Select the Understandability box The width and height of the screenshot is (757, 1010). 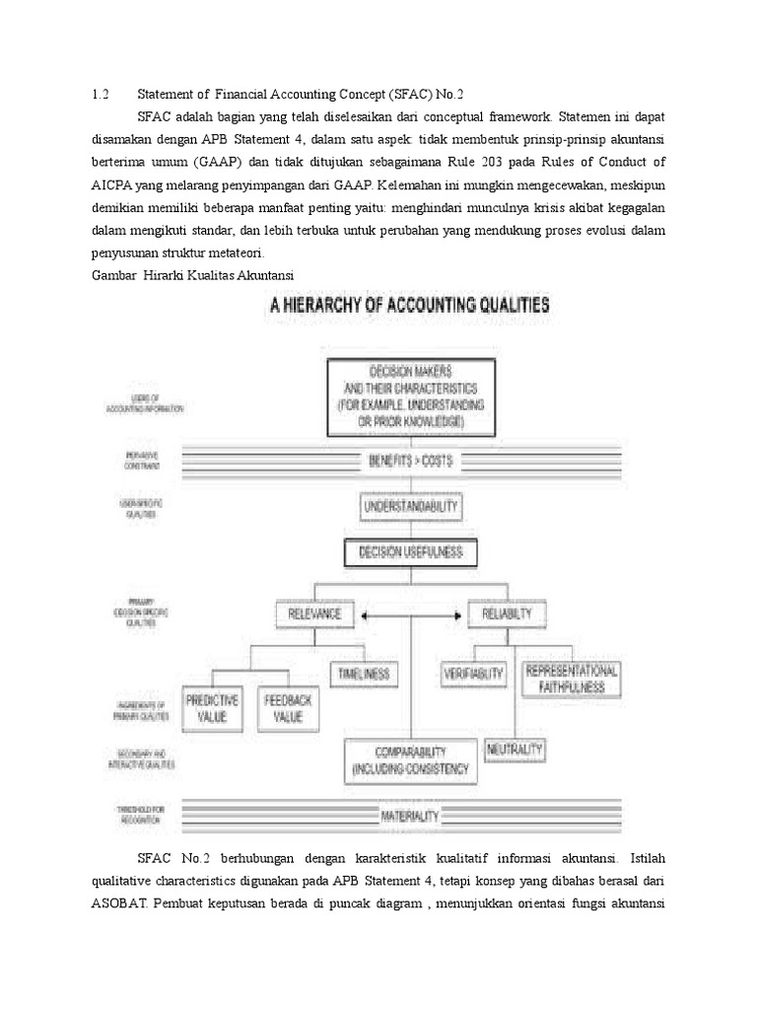[410, 508]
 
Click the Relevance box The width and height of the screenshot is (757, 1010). [312, 613]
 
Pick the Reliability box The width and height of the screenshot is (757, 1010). [507, 613]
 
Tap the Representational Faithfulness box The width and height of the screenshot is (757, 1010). [573, 680]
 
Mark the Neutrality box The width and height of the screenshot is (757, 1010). [515, 750]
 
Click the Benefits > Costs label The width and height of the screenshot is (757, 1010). [410, 460]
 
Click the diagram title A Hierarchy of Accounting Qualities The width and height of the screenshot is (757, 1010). [410, 306]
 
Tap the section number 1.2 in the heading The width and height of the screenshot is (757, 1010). [98, 95]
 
